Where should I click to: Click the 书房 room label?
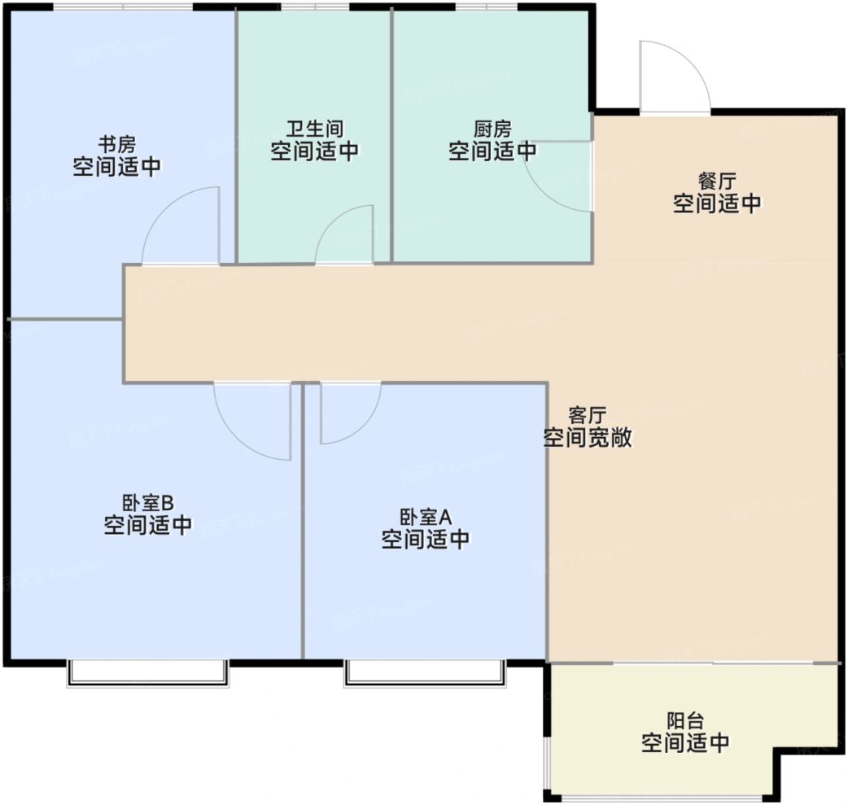tap(117, 144)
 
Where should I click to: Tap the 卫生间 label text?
tap(315, 129)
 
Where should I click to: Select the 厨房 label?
tap(492, 129)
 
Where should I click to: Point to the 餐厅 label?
tap(717, 181)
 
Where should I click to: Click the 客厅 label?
tap(588, 415)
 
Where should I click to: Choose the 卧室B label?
tap(147, 502)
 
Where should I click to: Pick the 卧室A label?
tap(426, 517)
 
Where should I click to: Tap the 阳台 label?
tap(685, 720)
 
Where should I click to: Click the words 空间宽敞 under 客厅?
tap(588, 437)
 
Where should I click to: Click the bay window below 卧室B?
tap(147, 673)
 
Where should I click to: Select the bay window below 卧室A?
tap(426, 673)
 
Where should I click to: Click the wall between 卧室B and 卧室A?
tap(303, 522)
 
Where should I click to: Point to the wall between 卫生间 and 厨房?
tap(391, 137)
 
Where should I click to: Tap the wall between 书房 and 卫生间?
tap(236, 137)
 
